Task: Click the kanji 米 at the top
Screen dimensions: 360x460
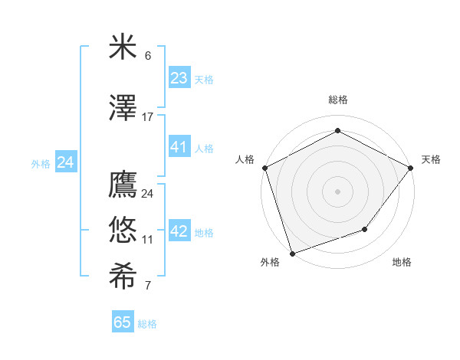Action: coord(123,47)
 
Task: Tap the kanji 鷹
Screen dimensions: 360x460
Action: coord(123,185)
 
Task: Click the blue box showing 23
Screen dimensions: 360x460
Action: coord(179,78)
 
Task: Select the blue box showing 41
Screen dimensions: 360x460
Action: coord(179,147)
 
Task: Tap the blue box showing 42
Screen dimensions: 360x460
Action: coord(179,231)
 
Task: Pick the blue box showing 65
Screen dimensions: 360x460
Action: coord(123,322)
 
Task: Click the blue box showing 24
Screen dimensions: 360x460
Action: coord(66,162)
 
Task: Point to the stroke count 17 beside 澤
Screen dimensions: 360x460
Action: coord(148,117)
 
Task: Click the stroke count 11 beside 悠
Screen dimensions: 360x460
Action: coord(148,240)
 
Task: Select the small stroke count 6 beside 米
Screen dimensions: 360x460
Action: coord(148,56)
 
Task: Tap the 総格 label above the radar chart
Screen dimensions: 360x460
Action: coord(337,100)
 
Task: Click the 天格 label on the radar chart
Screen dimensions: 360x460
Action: coord(431,159)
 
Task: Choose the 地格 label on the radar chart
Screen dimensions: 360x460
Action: coord(402,262)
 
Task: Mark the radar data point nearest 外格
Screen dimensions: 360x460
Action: coord(292,252)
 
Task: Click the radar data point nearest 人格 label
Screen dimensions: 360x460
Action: coord(264,168)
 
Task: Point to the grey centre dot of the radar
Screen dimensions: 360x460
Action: coord(337,191)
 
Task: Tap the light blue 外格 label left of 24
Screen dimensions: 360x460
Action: coord(41,163)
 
